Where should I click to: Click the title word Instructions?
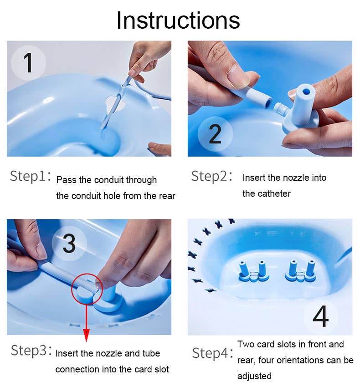178,20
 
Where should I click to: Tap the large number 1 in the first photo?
28,63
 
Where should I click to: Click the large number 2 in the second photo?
215,133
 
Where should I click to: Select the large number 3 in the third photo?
69,244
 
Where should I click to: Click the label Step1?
31,177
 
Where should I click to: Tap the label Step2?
212,176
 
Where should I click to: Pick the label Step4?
212,353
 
